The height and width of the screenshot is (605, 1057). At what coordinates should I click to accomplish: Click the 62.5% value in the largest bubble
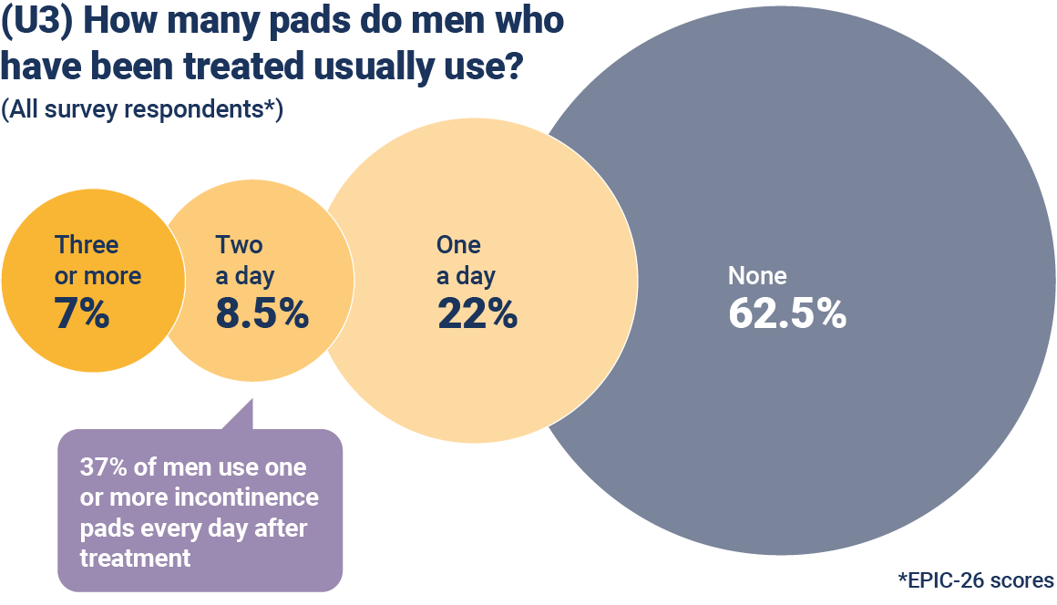(787, 313)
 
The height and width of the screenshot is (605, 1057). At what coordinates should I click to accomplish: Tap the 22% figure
(477, 313)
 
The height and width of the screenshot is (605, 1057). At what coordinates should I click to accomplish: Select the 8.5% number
(262, 313)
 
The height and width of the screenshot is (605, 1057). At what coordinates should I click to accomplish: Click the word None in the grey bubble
(757, 275)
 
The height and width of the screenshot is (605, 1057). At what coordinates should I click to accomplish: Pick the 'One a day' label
(466, 260)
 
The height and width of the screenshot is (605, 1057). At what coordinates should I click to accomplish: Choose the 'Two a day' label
(244, 260)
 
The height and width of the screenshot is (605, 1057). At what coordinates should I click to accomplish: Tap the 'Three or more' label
(97, 260)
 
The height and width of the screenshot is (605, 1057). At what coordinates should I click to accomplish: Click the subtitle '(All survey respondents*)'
(142, 109)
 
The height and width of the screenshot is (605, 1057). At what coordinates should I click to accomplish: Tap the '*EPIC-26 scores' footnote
(975, 579)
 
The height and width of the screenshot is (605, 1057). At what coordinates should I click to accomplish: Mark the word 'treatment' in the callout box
(136, 558)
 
